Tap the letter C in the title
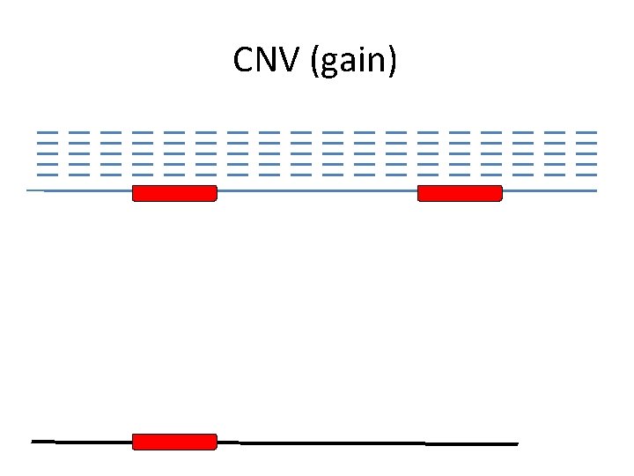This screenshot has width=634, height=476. [x=244, y=60]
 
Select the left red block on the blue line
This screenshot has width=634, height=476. [x=174, y=194]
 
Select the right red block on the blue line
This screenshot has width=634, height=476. [x=460, y=194]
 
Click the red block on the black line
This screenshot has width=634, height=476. [x=174, y=442]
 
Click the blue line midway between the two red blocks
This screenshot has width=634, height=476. [x=317, y=190]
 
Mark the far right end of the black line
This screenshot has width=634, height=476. [x=517, y=443]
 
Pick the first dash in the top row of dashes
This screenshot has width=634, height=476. [x=48, y=132]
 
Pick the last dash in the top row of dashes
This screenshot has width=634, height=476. [x=586, y=132]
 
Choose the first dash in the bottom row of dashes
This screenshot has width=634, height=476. [x=48, y=175]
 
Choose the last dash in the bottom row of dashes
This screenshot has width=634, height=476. [x=586, y=175]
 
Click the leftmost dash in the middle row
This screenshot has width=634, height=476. [x=48, y=153]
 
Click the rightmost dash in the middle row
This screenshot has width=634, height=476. [x=586, y=153]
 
